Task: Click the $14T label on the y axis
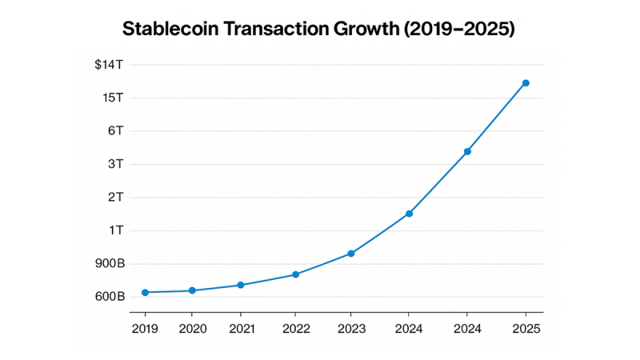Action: pyautogui.click(x=110, y=64)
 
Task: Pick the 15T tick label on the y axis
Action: pyautogui.click(x=113, y=98)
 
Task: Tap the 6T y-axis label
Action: pyautogui.click(x=116, y=130)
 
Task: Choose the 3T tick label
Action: pyautogui.click(x=116, y=164)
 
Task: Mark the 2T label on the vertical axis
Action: pyautogui.click(x=116, y=197)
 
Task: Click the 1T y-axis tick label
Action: pyautogui.click(x=116, y=230)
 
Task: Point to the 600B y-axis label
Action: pyautogui.click(x=110, y=297)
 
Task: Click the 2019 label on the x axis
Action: pyautogui.click(x=145, y=328)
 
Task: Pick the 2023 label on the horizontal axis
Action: pyautogui.click(x=350, y=328)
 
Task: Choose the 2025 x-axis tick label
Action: pyautogui.click(x=526, y=328)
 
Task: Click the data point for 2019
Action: pyautogui.click(x=145, y=293)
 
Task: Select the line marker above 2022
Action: pyautogui.click(x=295, y=274)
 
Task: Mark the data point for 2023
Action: pyautogui.click(x=350, y=254)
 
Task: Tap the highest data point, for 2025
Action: pyautogui.click(x=526, y=83)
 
